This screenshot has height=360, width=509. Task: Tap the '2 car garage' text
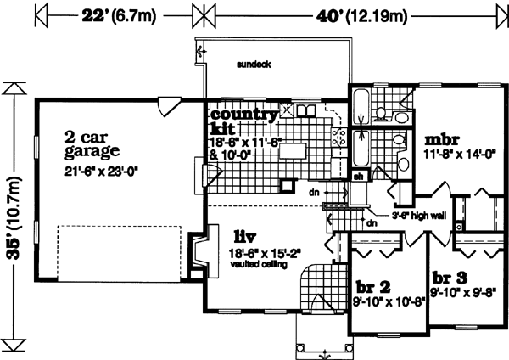click(93, 144)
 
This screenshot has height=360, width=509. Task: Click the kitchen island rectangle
click(294, 152)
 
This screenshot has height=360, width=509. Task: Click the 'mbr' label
click(442, 139)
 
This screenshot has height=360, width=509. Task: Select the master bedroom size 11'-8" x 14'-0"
click(457, 155)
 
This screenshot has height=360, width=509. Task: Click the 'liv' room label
click(247, 234)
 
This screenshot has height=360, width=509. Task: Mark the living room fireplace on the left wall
click(196, 252)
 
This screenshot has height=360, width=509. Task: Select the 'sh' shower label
click(357, 176)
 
